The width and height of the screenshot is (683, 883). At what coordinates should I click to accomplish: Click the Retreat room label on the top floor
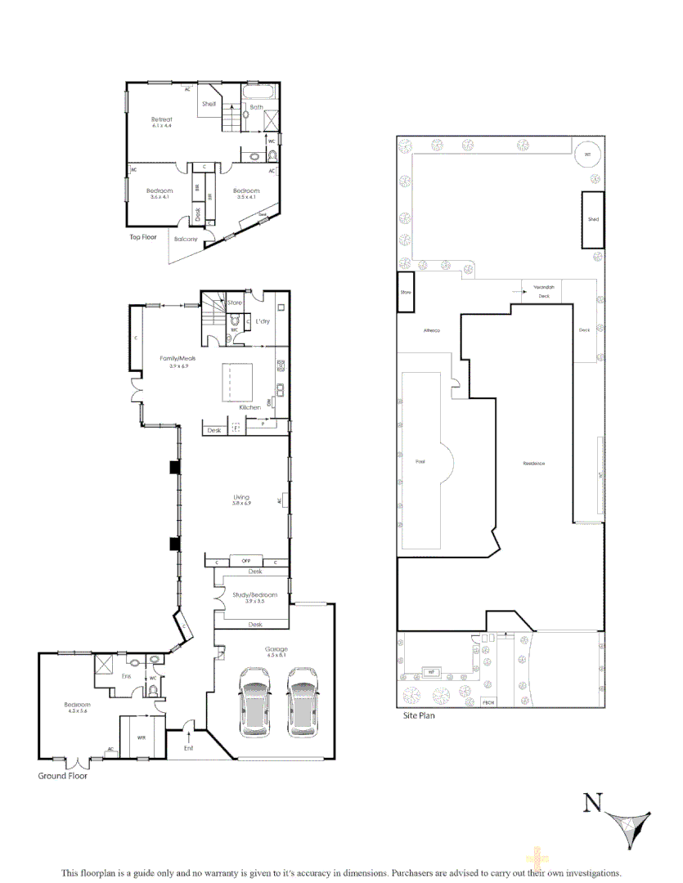tap(162, 120)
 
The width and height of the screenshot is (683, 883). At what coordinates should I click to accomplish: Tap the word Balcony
tap(186, 239)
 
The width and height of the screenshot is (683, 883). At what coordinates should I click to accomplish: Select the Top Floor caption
tap(143, 237)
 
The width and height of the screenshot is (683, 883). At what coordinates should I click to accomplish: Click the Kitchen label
tap(249, 407)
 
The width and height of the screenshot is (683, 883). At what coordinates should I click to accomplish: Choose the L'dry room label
tap(263, 320)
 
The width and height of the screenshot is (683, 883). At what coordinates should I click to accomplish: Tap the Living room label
tap(240, 497)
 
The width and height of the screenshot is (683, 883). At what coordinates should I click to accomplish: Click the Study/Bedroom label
tap(254, 594)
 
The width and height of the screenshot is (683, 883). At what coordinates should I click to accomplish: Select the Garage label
tap(276, 649)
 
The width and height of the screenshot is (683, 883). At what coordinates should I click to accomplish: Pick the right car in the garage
tap(302, 701)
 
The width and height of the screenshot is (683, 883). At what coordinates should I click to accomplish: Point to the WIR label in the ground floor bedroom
tap(142, 737)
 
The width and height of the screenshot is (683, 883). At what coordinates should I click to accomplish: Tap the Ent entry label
tap(189, 747)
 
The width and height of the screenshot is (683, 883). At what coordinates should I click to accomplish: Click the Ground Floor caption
tap(63, 776)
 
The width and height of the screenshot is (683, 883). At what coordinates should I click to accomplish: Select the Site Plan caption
tap(420, 715)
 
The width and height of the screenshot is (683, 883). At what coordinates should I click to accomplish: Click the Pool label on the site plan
tap(420, 462)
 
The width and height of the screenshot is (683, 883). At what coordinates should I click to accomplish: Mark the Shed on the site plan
tap(593, 219)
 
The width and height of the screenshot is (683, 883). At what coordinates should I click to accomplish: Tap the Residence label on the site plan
tap(534, 464)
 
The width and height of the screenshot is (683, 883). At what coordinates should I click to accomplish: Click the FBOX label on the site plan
tap(489, 703)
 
